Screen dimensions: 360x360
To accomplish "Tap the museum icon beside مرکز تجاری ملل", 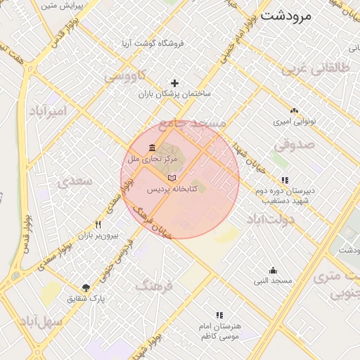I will tap(153, 148).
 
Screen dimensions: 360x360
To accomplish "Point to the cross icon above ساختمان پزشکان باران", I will tap(174, 83).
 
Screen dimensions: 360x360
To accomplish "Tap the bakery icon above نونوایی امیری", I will tap(294, 110).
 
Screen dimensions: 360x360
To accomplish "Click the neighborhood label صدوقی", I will tap(290, 145).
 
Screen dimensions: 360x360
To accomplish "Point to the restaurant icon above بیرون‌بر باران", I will tap(98, 225).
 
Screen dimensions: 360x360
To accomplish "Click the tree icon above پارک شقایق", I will tap(86, 287).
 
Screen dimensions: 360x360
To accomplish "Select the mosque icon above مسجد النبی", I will tap(273, 271).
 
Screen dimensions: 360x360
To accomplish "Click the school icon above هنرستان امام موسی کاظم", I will tap(219, 316).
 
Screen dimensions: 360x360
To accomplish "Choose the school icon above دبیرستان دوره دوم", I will tap(284, 180).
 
